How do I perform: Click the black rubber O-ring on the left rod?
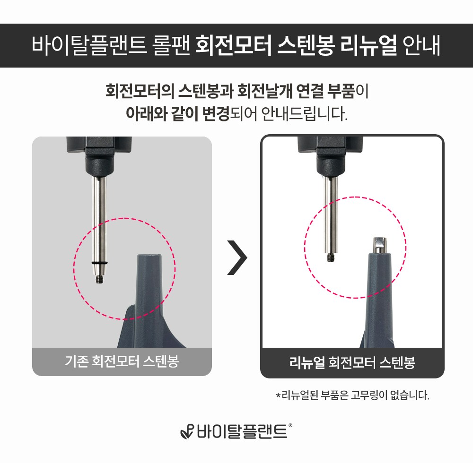coord(99,263)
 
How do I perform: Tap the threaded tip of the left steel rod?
coord(99,279)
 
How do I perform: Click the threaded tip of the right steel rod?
coord(331,257)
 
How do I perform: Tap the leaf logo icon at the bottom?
coord(187,432)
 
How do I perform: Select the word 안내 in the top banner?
coord(421,45)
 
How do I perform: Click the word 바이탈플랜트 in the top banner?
coord(89,45)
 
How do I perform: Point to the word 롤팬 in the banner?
coord(171,45)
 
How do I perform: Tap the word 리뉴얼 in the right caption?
coord(306,362)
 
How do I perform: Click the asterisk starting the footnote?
coord(278,394)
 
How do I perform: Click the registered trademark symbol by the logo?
coord(290,425)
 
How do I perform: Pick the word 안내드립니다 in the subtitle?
coord(304,114)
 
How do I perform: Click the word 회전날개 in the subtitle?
coord(264,91)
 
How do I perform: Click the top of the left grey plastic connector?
coord(149,256)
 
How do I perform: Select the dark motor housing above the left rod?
coord(99,155)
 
